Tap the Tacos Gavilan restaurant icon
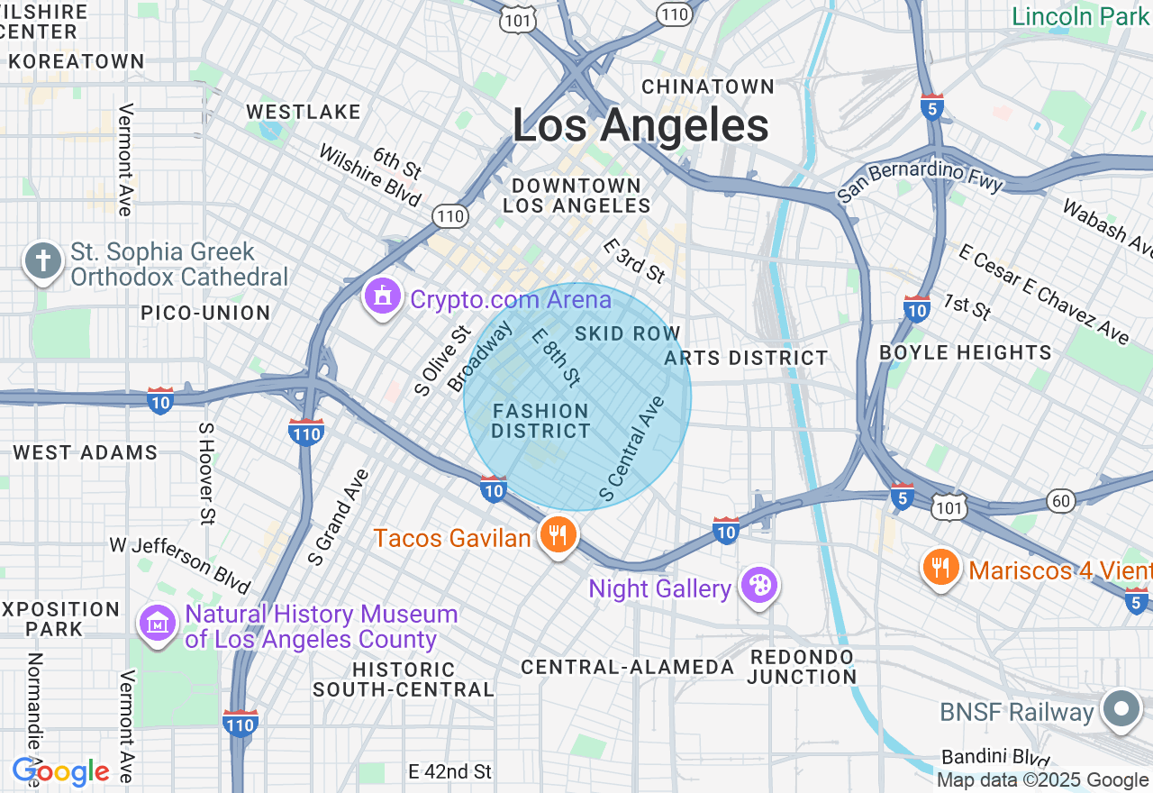click(558, 535)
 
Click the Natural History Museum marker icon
click(157, 624)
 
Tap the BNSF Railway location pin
click(1121, 709)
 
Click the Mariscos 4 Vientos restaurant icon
click(941, 567)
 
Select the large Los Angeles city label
click(640, 125)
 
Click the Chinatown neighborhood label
click(708, 87)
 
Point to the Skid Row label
click(628, 333)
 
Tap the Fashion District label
click(540, 421)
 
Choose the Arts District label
click(746, 358)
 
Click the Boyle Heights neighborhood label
click(966, 352)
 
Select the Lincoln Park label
click(1080, 16)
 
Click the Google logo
click(61, 771)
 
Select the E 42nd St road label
click(450, 772)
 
